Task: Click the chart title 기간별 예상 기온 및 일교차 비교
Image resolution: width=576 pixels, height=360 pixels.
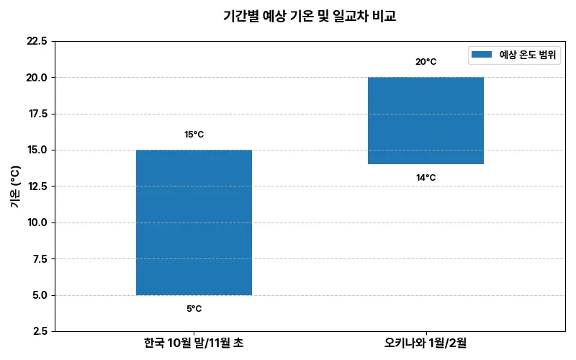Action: pyautogui.click(x=310, y=16)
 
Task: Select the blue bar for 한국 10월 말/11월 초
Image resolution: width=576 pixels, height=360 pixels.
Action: pyautogui.click(x=194, y=222)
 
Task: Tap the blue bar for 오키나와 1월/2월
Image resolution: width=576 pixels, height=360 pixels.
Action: pyautogui.click(x=426, y=120)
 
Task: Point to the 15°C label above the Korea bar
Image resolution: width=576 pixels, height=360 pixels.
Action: pyautogui.click(x=194, y=135)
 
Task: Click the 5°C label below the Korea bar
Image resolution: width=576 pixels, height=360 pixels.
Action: pyautogui.click(x=194, y=309)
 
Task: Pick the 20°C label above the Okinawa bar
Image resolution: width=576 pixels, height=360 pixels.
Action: pyautogui.click(x=426, y=62)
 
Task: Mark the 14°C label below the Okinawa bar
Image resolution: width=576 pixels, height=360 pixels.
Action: pyautogui.click(x=426, y=178)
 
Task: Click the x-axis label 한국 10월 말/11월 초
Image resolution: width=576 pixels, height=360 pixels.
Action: pyautogui.click(x=194, y=343)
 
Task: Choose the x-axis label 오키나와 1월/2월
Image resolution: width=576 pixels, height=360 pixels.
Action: pyautogui.click(x=426, y=343)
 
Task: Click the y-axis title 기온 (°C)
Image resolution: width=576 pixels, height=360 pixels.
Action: pyautogui.click(x=16, y=186)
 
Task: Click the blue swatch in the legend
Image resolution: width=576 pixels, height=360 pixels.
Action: pyautogui.click(x=482, y=55)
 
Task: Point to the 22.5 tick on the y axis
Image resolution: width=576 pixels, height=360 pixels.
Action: pyautogui.click(x=37, y=41)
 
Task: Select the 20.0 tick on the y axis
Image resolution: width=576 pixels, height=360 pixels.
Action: pyautogui.click(x=37, y=77)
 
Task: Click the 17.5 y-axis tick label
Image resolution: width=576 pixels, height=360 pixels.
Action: pyautogui.click(x=37, y=114)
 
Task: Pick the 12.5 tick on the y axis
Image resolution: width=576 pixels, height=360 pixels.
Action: pyautogui.click(x=37, y=186)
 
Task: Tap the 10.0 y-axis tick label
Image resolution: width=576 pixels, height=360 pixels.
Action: pyautogui.click(x=37, y=222)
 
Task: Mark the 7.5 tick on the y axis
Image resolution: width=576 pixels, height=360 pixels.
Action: pyautogui.click(x=40, y=259)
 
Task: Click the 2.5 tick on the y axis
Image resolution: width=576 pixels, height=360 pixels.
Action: pyautogui.click(x=40, y=331)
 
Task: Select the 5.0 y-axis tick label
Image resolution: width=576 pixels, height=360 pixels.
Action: pyautogui.click(x=40, y=295)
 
